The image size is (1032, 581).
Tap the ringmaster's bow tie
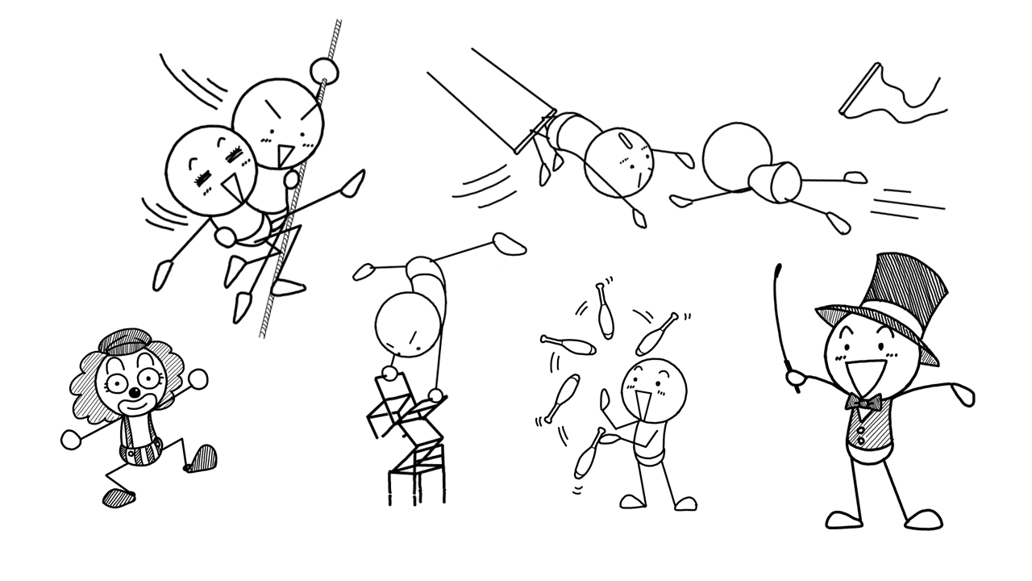point(863,401)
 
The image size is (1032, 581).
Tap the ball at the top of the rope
point(324,69)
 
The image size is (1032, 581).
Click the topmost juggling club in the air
point(605,311)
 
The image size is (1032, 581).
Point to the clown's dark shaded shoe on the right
point(201,458)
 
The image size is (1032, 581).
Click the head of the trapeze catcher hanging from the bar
point(618,162)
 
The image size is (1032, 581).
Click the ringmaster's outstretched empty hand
point(961,395)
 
